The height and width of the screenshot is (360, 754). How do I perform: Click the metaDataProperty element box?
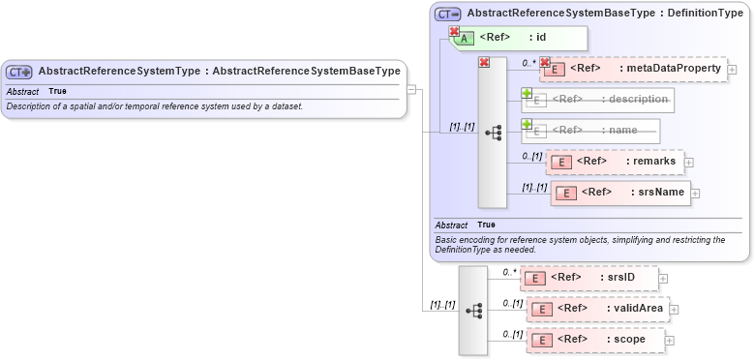[634, 69]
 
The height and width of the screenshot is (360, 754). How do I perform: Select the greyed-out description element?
[598, 100]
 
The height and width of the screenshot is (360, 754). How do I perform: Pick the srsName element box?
[619, 193]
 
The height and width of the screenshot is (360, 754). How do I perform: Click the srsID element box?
[589, 279]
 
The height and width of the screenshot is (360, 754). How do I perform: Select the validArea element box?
[597, 309]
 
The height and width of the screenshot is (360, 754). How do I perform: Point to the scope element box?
[595, 340]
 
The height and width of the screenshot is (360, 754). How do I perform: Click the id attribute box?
[517, 38]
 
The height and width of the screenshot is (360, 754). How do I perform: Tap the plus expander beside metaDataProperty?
[732, 70]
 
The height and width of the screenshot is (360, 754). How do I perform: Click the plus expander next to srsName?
[695, 194]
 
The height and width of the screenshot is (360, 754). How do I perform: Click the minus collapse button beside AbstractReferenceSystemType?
[411, 90]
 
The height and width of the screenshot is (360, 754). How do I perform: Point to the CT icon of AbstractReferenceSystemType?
[19, 72]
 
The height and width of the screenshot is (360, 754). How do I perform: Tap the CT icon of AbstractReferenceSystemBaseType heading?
[447, 14]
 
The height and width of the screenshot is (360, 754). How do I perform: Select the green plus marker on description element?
[528, 94]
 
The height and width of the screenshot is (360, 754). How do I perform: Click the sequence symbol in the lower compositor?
[473, 311]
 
